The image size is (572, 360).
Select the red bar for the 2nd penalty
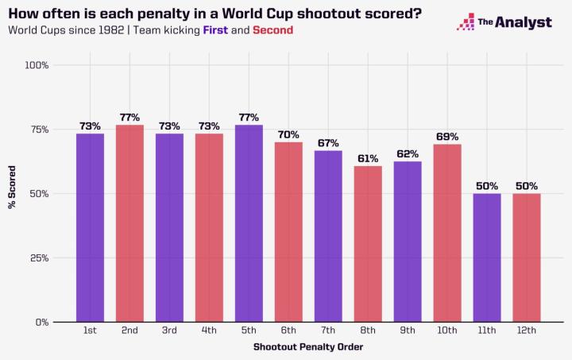click(x=129, y=223)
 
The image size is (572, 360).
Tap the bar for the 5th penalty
click(x=249, y=223)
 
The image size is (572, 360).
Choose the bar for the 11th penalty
click(x=487, y=257)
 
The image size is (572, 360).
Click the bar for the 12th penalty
click(x=527, y=257)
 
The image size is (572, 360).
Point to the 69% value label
click(x=447, y=137)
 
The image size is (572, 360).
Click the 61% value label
click(x=368, y=158)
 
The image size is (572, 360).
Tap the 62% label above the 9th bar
click(x=408, y=154)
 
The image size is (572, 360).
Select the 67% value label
click(x=328, y=143)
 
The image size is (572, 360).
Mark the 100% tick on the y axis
click(x=37, y=64)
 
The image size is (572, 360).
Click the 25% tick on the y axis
click(x=39, y=258)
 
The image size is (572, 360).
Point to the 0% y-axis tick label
click(x=41, y=323)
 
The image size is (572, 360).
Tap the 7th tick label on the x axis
click(x=328, y=330)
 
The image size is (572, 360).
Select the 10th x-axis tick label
click(x=447, y=330)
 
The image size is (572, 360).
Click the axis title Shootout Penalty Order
click(x=308, y=347)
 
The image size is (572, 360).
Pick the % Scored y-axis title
click(x=12, y=194)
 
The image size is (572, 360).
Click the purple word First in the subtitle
click(x=215, y=30)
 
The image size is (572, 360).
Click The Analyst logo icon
click(x=466, y=22)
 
